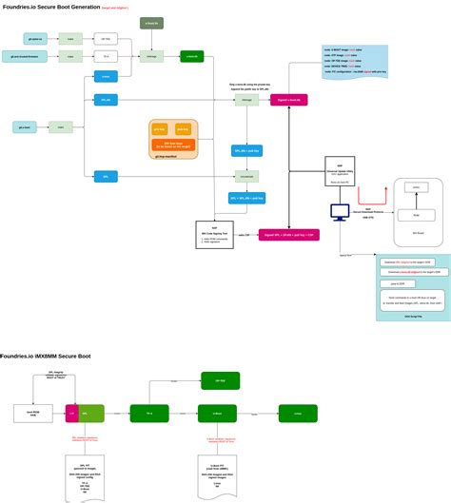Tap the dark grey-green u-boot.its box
(151, 23)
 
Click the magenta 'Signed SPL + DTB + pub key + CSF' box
(286, 233)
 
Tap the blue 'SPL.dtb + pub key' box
(247, 150)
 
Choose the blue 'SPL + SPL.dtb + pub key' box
(247, 199)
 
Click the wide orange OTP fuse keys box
(173, 145)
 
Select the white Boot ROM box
(32, 414)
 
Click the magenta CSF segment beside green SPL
(70, 414)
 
